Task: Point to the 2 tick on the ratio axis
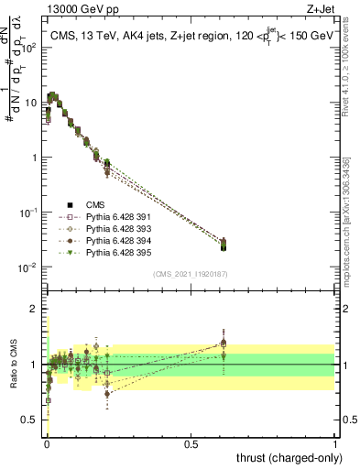click(35, 309)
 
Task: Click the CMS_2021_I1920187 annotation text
click(191, 274)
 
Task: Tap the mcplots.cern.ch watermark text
click(352, 211)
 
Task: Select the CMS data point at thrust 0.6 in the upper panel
click(224, 245)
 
